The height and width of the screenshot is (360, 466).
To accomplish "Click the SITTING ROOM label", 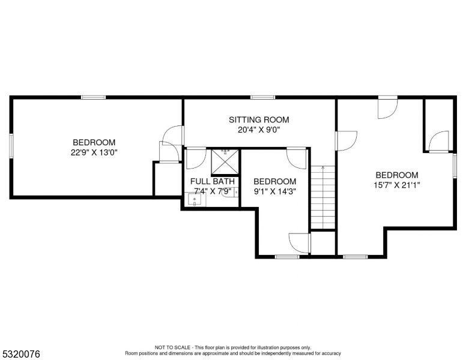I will pos(259,119).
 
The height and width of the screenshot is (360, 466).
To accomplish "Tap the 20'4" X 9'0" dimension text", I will pos(259,129).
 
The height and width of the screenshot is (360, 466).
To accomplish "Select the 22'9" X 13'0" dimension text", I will pos(94,152).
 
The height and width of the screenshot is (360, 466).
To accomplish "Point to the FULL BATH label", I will pos(212,181).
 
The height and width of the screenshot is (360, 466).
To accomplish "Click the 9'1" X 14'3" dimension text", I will pos(274,191).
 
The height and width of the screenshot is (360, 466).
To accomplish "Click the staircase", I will pos(322,198).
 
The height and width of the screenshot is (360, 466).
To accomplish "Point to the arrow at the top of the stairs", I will pos(322,169).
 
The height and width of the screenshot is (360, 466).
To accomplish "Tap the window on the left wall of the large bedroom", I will pos(11,147).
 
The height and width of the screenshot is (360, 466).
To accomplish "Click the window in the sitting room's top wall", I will pos(262,97).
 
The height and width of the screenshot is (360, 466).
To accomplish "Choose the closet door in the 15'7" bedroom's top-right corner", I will pos(440,140).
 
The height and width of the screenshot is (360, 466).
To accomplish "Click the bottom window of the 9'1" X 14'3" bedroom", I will pos(286,257).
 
